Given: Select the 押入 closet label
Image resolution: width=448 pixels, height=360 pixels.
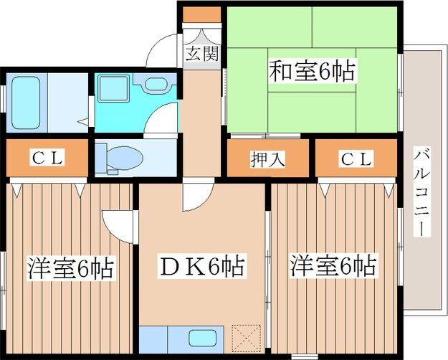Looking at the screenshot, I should pos(268,159).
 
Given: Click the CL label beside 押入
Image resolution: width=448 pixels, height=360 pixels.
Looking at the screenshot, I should pos(356,159).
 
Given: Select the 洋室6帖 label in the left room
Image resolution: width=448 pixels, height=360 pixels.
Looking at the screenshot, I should pos(70,268).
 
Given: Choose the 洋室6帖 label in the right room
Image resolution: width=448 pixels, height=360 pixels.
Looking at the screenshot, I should pos(332,267).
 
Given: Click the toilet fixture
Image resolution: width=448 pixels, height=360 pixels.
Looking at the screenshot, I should pos(120,157).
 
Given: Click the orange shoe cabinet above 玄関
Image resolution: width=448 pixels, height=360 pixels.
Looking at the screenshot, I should pos(201,14).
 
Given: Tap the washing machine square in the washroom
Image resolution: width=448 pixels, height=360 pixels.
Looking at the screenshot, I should pos(111,88).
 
